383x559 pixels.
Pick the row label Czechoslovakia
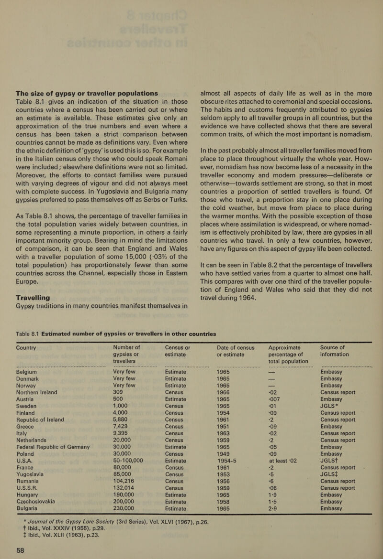coord(44,473)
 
